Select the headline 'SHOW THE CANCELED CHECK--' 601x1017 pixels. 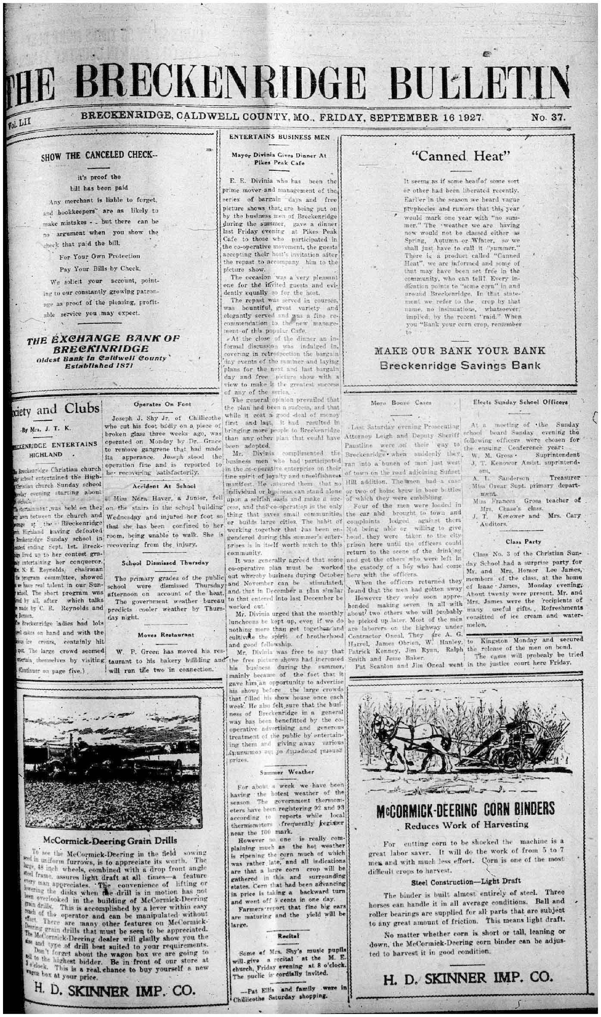[x=100, y=156]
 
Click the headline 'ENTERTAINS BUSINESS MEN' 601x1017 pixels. [x=279, y=137]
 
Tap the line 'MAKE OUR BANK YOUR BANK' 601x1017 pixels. [x=460, y=350]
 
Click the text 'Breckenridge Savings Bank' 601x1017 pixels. [x=460, y=366]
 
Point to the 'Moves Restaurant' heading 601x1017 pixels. [x=166, y=635]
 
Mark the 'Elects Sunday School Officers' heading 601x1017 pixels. [x=520, y=402]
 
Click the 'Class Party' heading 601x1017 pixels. [x=523, y=541]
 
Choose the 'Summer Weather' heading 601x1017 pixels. [x=287, y=772]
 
